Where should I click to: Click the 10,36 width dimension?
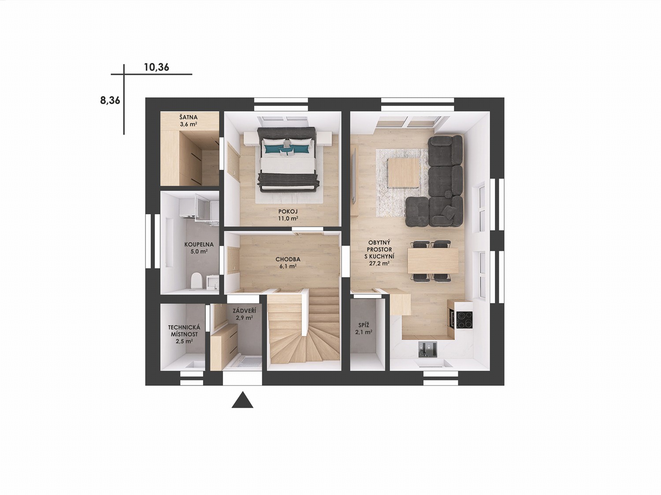156,67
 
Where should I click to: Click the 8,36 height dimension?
110,100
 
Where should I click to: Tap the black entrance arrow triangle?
242,400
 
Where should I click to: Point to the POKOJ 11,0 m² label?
288,215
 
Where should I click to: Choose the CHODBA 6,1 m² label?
288,262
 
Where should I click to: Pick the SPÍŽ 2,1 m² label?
364,328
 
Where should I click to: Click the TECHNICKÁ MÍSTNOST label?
184,330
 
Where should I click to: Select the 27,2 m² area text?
379,264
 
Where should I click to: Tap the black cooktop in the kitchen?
464,320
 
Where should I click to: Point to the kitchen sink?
427,350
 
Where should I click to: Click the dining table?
433,261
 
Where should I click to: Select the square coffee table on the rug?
403,172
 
